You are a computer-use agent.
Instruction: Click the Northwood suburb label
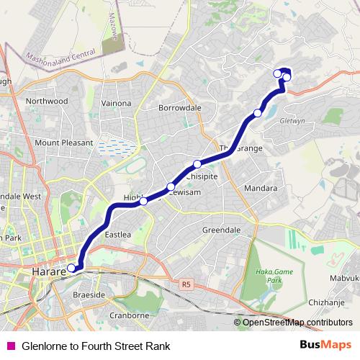47,102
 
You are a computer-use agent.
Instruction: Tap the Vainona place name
116,104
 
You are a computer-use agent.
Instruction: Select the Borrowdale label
179,107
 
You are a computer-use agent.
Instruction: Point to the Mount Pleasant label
64,143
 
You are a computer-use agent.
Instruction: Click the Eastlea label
118,234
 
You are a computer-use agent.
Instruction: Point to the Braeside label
89,295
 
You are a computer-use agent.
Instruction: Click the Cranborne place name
129,315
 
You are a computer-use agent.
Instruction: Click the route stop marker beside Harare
71,269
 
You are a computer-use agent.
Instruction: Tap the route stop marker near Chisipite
197,164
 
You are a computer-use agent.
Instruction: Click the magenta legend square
11,346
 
